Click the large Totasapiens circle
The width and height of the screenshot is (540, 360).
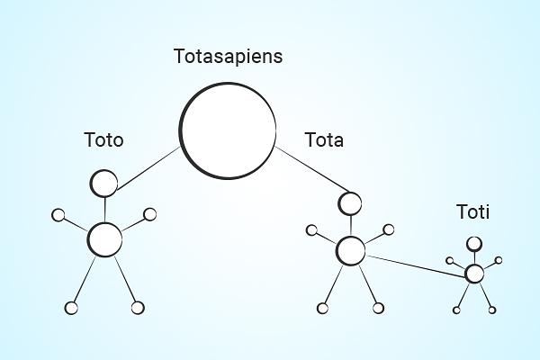228,130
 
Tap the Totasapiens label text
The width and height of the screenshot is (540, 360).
228,57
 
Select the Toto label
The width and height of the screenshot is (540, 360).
103,140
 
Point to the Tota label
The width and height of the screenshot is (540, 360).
324,140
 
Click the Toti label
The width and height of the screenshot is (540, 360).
473,211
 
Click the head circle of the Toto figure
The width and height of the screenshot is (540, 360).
103,184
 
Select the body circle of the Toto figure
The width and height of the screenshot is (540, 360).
104,239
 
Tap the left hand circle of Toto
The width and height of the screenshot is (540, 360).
58,215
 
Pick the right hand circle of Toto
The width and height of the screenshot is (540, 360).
149,214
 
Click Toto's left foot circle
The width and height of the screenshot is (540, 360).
71,308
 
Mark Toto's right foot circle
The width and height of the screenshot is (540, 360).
138,308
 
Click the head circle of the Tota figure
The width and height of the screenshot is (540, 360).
350,203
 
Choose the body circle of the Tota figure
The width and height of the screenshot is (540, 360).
351,251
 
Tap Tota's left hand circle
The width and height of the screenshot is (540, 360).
311,230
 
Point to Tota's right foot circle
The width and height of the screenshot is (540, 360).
378,308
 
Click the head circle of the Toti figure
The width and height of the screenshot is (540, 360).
474,244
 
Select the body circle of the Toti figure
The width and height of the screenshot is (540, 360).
474,274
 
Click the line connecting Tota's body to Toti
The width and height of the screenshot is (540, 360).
415,266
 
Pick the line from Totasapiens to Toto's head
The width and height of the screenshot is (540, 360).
148,168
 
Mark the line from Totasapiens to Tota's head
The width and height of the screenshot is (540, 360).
312,169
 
